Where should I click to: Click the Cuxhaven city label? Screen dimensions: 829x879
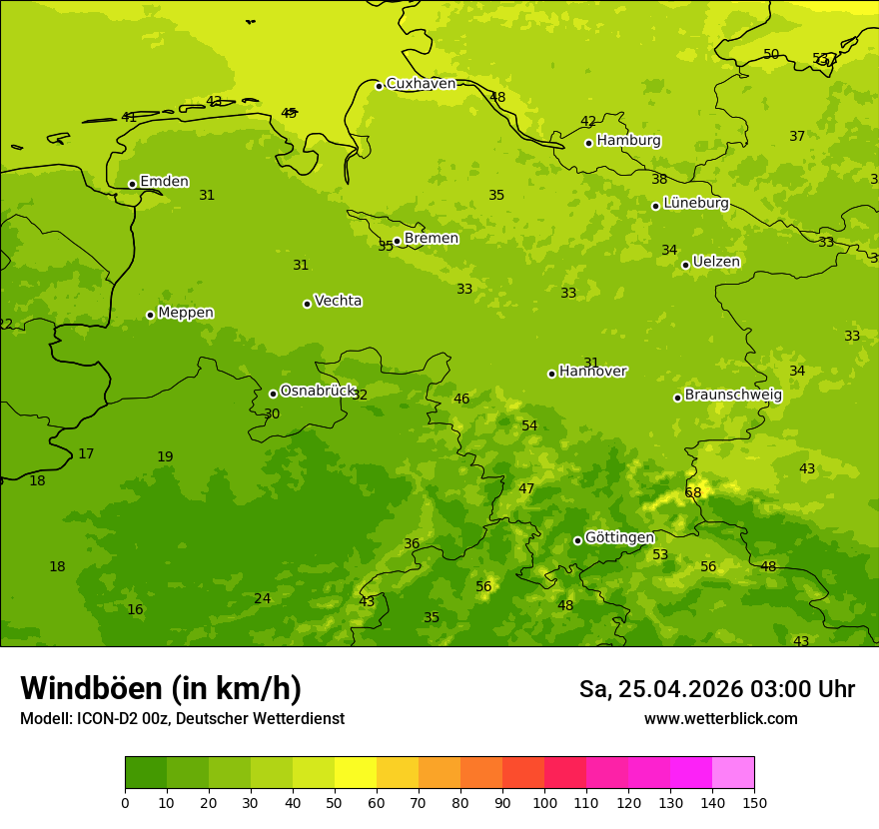click(x=421, y=84)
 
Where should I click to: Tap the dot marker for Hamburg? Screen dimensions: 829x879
click(x=588, y=143)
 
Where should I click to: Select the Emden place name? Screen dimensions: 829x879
click(x=164, y=182)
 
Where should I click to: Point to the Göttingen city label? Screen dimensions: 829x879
click(x=619, y=538)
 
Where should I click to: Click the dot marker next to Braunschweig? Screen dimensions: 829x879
click(x=677, y=398)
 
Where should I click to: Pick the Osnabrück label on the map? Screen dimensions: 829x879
click(x=318, y=392)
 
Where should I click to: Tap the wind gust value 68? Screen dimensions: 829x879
click(x=693, y=493)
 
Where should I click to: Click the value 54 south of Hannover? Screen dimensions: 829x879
click(x=529, y=426)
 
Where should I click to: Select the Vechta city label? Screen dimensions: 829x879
click(x=338, y=301)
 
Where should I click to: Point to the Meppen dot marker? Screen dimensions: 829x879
click(x=150, y=315)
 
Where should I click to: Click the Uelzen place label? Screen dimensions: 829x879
click(x=716, y=263)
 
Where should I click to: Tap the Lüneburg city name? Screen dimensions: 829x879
click(x=696, y=203)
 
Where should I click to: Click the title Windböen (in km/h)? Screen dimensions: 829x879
click(x=161, y=688)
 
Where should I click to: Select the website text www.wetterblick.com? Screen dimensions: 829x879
click(x=720, y=719)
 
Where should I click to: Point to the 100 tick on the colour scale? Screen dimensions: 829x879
click(x=544, y=802)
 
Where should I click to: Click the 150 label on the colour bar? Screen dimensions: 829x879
click(x=754, y=802)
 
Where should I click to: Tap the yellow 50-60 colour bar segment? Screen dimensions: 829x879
click(x=356, y=773)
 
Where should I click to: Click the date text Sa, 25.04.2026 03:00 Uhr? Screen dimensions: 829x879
click(x=716, y=689)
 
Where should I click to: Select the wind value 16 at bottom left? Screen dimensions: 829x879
click(x=135, y=610)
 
